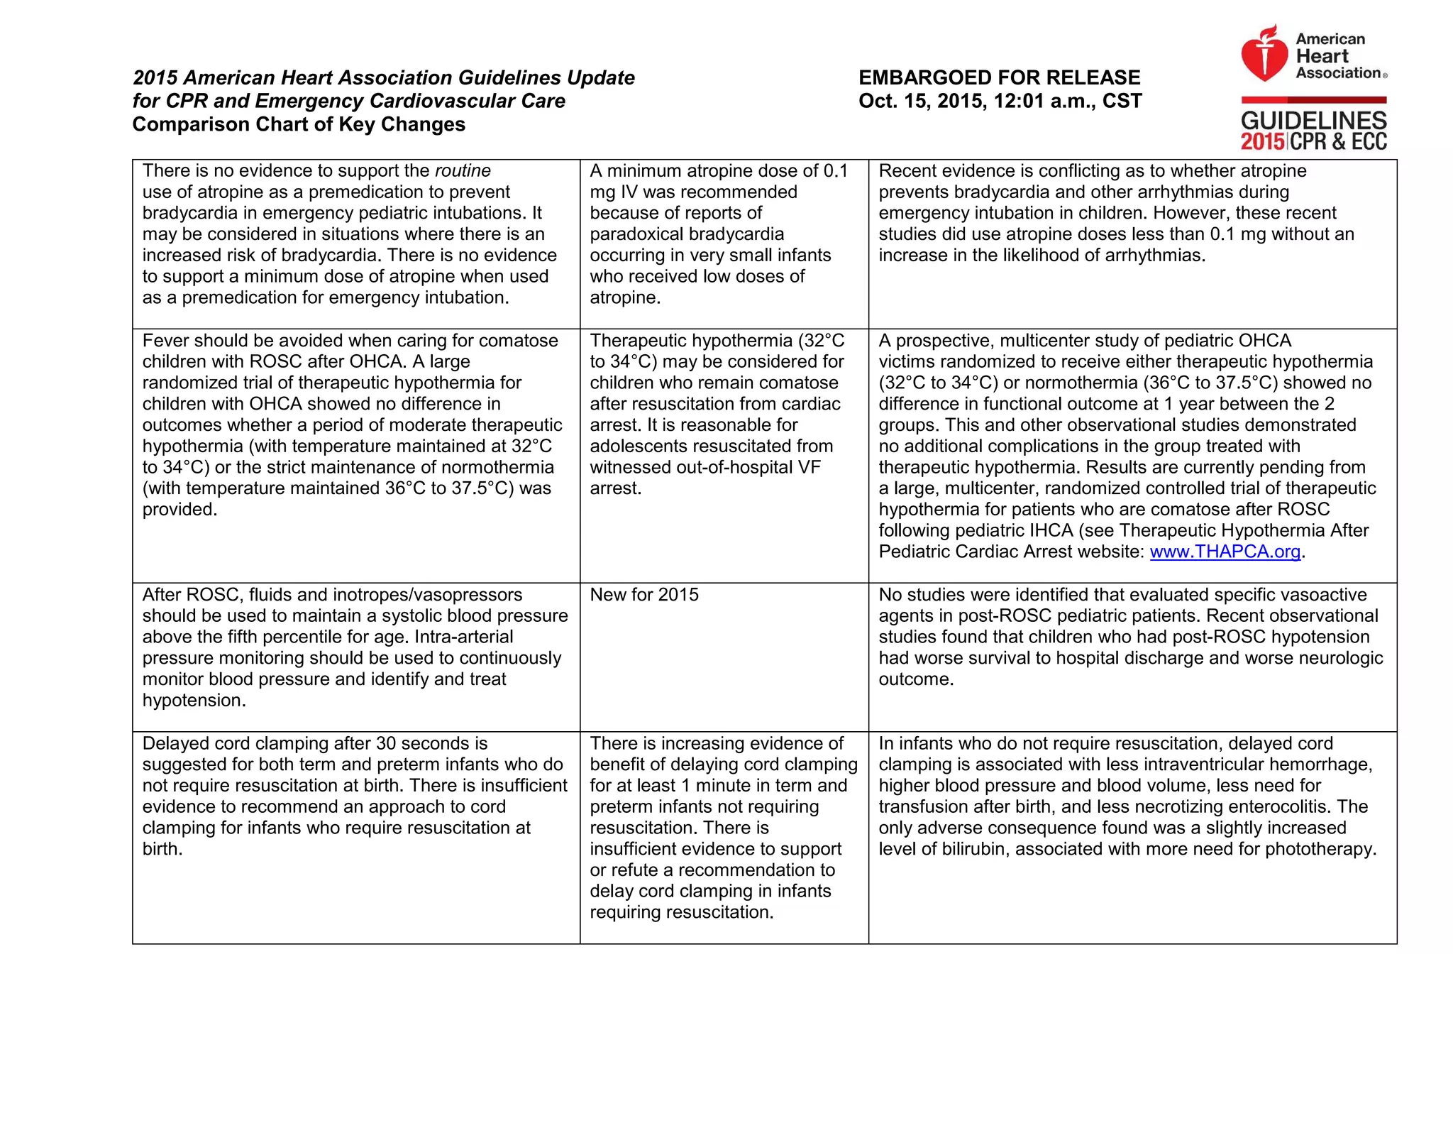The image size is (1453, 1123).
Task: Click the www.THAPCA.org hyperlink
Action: click(1225, 552)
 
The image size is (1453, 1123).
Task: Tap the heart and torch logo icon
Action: click(1264, 54)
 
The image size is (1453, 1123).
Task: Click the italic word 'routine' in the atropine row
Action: click(463, 171)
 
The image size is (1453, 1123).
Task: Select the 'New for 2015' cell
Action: click(644, 595)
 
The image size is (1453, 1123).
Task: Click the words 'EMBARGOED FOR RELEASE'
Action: click(999, 77)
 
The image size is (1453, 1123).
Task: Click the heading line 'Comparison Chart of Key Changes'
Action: click(299, 124)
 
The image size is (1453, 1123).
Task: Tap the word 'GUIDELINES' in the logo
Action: click(1313, 120)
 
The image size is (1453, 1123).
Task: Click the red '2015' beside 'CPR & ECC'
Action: click(1262, 142)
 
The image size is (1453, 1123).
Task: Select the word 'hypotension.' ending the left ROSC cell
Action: click(194, 701)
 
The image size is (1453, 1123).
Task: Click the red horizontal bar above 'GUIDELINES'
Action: click(1313, 100)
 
